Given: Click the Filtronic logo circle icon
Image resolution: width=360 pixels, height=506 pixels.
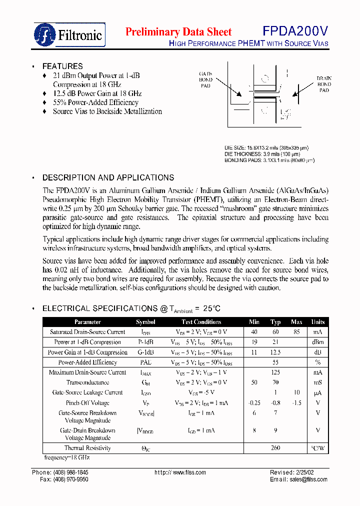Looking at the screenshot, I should [45, 34].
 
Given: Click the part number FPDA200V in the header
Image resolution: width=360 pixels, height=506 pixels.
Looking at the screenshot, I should [295, 32].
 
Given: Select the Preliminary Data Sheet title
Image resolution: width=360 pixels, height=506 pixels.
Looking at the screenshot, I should [178, 32].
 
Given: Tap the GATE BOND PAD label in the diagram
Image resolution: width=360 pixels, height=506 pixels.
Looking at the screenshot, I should [205, 79].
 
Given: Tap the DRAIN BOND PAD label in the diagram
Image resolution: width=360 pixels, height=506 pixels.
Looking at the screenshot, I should [324, 84].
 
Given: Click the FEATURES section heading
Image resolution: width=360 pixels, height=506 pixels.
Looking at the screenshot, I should [62, 66].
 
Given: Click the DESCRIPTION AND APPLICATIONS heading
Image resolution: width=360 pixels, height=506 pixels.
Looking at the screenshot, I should [108, 177].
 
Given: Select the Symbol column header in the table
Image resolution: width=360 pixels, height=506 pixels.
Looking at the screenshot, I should [145, 322].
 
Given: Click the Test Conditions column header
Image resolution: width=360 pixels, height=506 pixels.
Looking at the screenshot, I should [201, 322].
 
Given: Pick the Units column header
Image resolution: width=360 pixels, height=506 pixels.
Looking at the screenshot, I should [318, 322].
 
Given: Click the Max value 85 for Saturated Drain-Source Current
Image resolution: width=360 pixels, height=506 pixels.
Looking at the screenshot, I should [296, 332].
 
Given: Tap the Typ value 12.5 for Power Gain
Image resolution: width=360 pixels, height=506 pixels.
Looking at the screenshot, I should [275, 352].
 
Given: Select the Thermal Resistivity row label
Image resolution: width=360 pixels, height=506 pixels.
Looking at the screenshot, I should [87, 448].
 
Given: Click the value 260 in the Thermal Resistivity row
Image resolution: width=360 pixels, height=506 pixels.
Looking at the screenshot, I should [275, 448].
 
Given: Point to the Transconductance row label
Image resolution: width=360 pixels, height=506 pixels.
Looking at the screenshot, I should [87, 382].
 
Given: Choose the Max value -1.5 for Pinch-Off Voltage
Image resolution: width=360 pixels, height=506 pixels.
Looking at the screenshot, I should [296, 402].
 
